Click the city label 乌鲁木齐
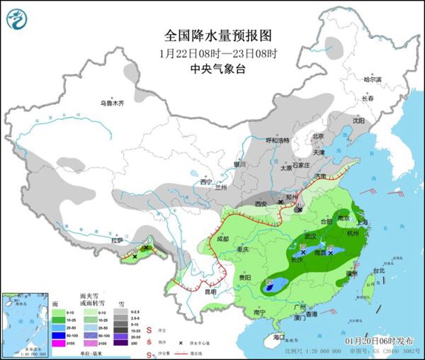[x=111, y=104]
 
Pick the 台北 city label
[x=378, y=270]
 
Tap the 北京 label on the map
[x=318, y=137]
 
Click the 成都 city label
[x=222, y=239]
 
